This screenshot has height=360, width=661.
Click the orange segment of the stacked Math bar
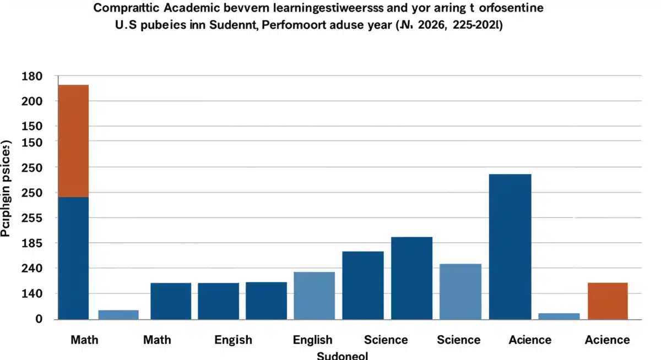(73, 140)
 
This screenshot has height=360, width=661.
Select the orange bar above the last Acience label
(608, 301)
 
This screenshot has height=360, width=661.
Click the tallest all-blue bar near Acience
(510, 246)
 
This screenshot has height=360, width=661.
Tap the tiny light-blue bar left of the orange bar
(559, 316)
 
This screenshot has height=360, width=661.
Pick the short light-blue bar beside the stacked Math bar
(118, 314)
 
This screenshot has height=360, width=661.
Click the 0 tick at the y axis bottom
(24, 319)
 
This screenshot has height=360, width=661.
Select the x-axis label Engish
(233, 340)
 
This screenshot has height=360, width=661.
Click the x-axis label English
(312, 340)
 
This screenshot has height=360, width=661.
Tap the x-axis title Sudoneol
(342, 355)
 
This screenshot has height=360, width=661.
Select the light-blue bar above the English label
(314, 295)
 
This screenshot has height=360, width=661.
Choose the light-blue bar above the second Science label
(460, 291)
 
